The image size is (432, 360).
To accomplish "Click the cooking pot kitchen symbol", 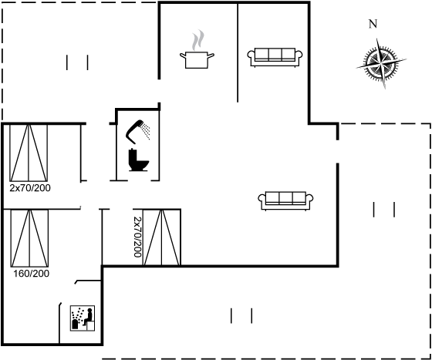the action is tap(197, 59).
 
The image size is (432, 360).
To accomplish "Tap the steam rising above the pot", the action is tap(198, 40).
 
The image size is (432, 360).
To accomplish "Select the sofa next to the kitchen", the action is tap(275, 57).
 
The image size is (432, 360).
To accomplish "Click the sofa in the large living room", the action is tap(285, 200).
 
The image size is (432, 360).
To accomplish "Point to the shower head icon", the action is tap(138, 132).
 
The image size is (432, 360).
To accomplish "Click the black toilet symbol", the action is tap(138, 160).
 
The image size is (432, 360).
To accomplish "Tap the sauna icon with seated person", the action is tap(83, 318).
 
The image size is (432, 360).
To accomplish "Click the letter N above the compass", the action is tap(373, 24).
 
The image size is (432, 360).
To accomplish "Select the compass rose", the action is tap(381, 64).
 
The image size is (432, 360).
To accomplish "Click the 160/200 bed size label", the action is tap(31, 274).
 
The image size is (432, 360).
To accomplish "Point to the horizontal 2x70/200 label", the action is tap(30, 188).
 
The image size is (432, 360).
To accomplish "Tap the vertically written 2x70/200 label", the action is tap(137, 237).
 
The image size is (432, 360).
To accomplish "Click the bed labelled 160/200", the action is tap(29, 238).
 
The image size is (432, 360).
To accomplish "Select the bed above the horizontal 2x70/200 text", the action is tap(29, 153).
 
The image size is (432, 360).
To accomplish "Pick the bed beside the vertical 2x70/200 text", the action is tap(161, 237).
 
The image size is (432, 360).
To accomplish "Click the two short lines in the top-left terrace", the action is tap(77, 62).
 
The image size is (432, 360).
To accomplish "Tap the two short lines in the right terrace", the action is tap(384, 210).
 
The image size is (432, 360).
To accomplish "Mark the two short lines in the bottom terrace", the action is tap(241, 316).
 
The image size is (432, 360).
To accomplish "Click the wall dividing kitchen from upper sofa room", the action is tap(238, 52).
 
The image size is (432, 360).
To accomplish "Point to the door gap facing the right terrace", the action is tap(338, 152).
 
